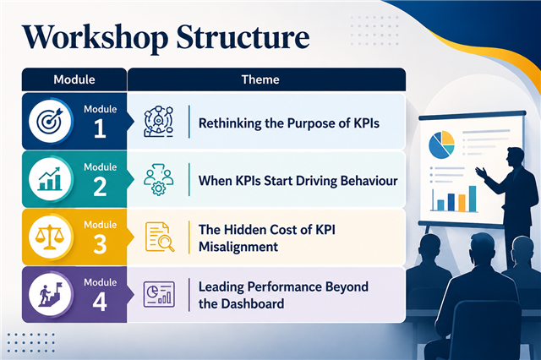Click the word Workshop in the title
point(96,38)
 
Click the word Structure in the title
point(243,36)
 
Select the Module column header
point(74,79)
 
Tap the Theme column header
point(260,79)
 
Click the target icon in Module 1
point(51,121)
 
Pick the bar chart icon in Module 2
point(51,179)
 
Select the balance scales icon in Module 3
point(51,237)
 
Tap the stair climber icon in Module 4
point(51,295)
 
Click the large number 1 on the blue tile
point(100,128)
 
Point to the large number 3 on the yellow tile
point(100,244)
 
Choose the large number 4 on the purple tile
point(100,302)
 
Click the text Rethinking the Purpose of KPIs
point(289,123)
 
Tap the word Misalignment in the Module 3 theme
point(238,247)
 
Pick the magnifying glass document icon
point(160,237)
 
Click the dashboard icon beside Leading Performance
point(159,294)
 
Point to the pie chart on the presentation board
point(441,145)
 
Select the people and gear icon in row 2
point(159,179)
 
